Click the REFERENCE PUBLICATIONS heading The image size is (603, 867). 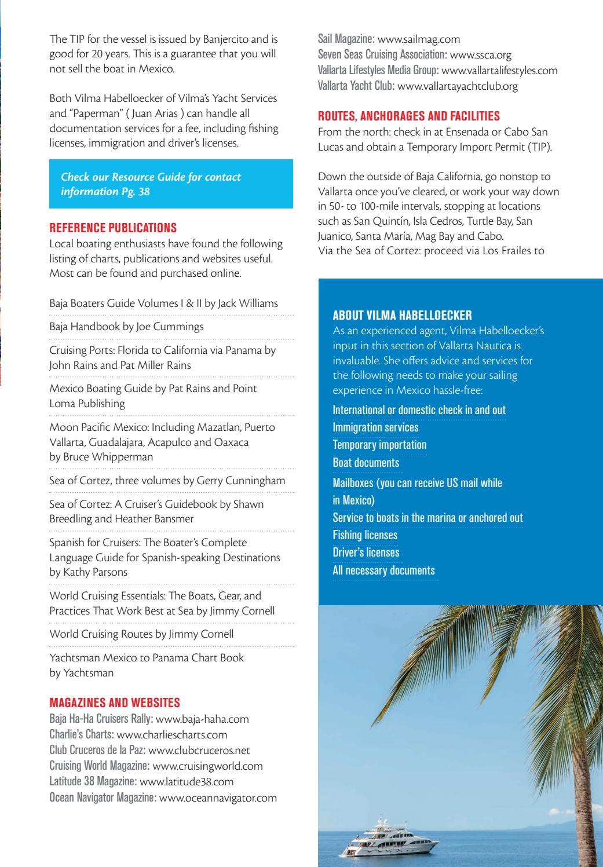113,228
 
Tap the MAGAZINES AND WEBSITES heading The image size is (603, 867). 115,703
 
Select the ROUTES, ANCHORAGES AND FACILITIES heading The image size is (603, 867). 409,116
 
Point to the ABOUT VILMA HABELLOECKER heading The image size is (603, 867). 402,315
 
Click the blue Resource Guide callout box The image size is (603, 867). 171,184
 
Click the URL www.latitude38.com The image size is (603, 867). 187,781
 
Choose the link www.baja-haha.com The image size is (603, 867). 202,719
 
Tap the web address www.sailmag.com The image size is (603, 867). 418,39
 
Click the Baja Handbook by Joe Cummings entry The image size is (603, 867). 126,327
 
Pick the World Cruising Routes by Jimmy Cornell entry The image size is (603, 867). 141,634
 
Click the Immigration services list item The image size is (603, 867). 375,427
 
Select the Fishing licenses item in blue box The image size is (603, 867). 365,535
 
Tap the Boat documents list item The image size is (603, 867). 366,463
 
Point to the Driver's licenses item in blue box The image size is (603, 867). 366,553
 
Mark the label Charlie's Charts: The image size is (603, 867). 81,734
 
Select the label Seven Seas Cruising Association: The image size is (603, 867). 382,55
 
